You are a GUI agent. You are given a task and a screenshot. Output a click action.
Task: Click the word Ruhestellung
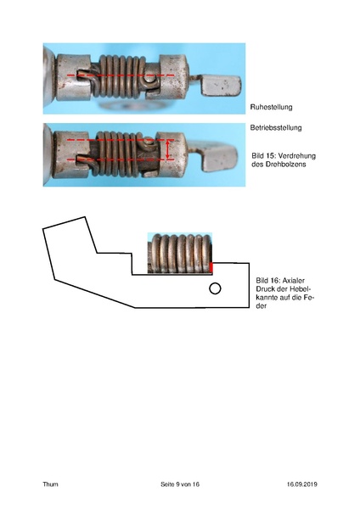click(x=271, y=107)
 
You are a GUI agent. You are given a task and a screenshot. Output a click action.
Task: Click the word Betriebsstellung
click(x=276, y=127)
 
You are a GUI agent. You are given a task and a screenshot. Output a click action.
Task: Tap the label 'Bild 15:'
click(x=263, y=156)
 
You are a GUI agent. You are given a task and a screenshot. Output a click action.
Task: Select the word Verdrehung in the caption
click(x=297, y=156)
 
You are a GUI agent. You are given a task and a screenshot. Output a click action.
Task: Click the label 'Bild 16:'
click(x=268, y=281)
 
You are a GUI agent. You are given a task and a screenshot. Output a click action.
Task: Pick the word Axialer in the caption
click(x=294, y=281)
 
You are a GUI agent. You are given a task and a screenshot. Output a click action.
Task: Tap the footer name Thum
click(x=50, y=484)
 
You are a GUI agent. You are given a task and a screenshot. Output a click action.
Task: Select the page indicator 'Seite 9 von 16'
click(x=180, y=484)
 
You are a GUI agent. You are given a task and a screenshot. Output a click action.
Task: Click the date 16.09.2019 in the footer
click(x=302, y=484)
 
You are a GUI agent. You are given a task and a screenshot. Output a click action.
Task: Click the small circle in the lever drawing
click(x=215, y=288)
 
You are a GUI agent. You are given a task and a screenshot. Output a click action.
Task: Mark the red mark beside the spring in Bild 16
click(x=211, y=267)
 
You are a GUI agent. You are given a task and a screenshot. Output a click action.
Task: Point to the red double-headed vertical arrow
click(x=167, y=149)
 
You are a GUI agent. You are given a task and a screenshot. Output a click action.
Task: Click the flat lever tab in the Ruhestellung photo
click(x=222, y=86)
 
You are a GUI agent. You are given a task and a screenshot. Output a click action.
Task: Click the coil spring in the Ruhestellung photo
click(x=121, y=76)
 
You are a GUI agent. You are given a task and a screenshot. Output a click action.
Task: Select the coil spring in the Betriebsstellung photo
click(x=117, y=154)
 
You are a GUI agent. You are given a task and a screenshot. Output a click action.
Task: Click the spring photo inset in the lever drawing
click(x=180, y=253)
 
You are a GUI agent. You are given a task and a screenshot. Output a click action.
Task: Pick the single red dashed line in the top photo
click(x=121, y=76)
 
